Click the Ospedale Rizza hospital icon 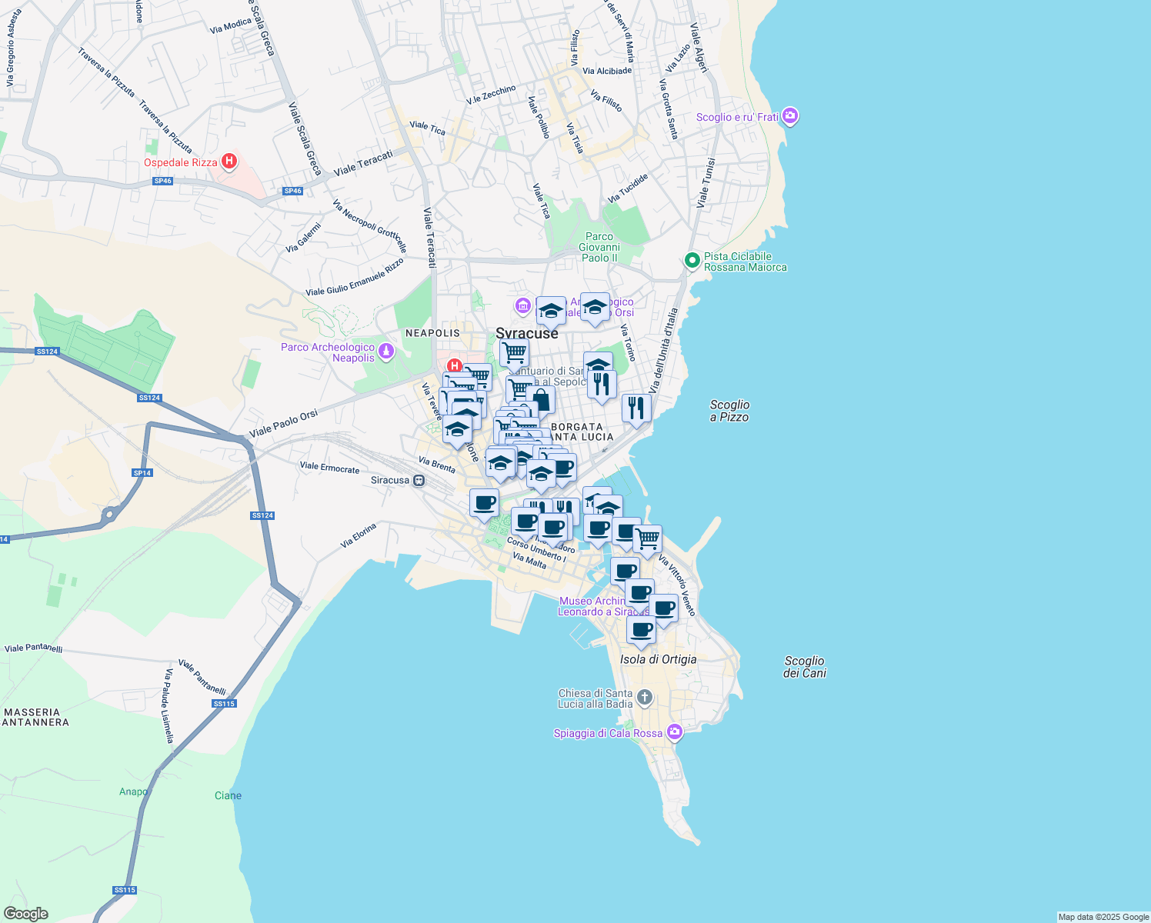pos(229,162)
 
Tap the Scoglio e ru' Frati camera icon pos(789,117)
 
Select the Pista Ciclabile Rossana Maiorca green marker pos(692,262)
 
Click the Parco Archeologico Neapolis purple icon pos(386,352)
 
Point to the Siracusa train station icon pos(419,480)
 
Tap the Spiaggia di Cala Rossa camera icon pos(675,732)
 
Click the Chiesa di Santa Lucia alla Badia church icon pos(645,698)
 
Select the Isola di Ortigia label pos(658,659)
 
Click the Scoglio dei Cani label pos(804,667)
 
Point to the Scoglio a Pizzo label pos(729,411)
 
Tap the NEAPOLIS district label pos(432,333)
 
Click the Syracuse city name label pos(527,334)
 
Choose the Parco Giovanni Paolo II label pos(599,247)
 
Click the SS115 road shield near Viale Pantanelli pos(224,704)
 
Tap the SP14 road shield pos(142,473)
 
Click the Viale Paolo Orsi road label pos(283,425)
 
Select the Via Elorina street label pos(359,535)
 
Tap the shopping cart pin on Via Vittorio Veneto pos(647,539)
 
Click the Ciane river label pos(228,795)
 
